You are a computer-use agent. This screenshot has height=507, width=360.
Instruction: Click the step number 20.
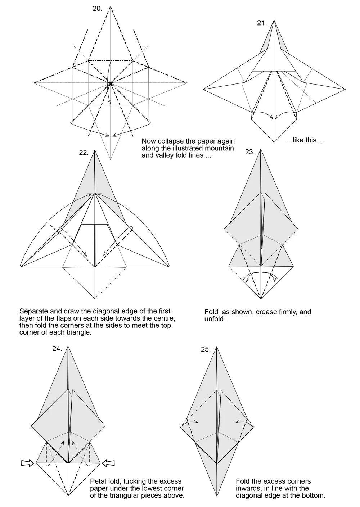point(97,9)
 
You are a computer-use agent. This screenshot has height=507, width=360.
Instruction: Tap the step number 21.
point(262,23)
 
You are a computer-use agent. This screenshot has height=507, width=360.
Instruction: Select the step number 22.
point(84,152)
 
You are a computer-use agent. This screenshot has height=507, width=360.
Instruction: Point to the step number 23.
point(250,152)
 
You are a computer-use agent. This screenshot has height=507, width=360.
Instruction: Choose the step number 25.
point(206,349)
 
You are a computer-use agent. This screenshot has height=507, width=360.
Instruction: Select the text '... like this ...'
point(305,140)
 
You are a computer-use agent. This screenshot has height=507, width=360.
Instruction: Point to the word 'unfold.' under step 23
point(215,319)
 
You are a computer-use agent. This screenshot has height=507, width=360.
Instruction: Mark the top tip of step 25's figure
point(216,347)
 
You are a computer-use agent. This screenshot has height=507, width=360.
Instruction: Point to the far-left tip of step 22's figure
point(21,267)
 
